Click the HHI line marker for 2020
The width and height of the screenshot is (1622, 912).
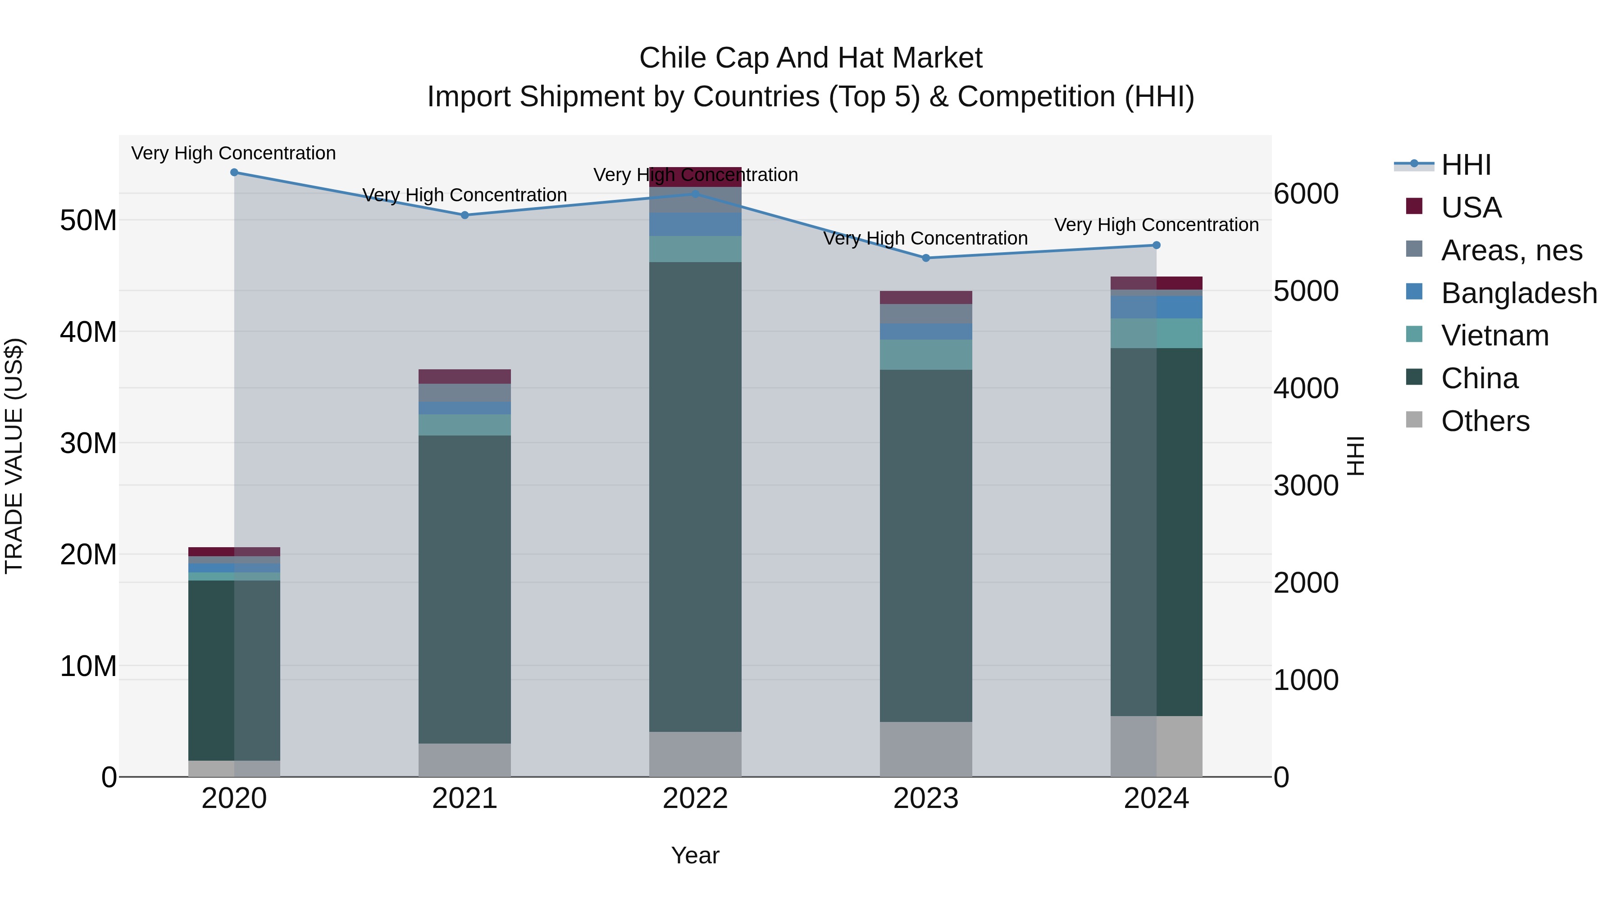point(234,172)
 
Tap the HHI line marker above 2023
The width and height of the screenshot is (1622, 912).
point(925,258)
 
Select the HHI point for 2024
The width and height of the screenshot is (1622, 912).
point(1156,245)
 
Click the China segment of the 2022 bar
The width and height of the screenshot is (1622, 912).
point(695,497)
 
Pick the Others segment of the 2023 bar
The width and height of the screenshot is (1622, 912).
point(925,749)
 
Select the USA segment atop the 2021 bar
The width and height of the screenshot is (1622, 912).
point(465,377)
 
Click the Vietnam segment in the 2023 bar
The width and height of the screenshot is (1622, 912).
point(925,354)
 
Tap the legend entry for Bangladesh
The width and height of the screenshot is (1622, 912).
point(1519,293)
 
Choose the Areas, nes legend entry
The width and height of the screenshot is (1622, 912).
point(1511,250)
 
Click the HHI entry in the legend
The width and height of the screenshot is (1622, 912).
point(1466,165)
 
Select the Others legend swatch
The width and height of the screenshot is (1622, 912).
point(1414,420)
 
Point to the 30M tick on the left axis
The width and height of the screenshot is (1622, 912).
point(88,443)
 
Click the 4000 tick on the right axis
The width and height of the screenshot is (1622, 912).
point(1306,388)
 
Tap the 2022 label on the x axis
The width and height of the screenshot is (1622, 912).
point(695,799)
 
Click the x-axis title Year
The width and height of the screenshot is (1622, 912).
point(695,855)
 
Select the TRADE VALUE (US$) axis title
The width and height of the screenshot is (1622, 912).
point(14,456)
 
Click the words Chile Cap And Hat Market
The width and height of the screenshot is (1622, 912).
point(811,58)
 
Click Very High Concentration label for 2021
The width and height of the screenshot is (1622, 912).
point(465,195)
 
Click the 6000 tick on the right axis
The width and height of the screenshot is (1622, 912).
point(1306,194)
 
